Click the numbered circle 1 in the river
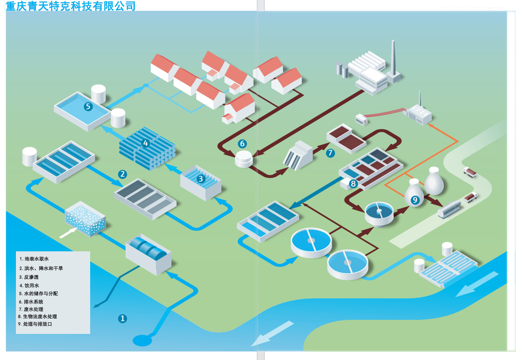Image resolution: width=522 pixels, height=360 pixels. pyautogui.click(x=123, y=318)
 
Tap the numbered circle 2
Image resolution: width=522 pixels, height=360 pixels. pyautogui.click(x=122, y=174)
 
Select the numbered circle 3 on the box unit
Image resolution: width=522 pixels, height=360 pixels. pyautogui.click(x=201, y=178)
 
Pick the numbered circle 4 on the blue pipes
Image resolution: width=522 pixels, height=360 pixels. pyautogui.click(x=146, y=143)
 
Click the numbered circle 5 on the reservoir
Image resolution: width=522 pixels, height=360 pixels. pyautogui.click(x=88, y=106)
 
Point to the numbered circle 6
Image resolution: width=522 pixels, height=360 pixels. pyautogui.click(x=242, y=144)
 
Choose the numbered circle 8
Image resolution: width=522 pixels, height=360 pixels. pyautogui.click(x=353, y=183)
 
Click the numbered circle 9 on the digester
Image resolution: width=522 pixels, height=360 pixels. pyautogui.click(x=415, y=200)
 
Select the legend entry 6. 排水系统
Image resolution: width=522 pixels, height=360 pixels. pyautogui.click(x=31, y=301)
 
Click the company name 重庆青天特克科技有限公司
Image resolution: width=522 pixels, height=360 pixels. pyautogui.click(x=71, y=6)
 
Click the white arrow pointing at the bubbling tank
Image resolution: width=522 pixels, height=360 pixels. pyautogui.click(x=67, y=232)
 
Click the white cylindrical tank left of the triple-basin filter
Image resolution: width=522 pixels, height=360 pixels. pyautogui.click(x=30, y=156)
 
